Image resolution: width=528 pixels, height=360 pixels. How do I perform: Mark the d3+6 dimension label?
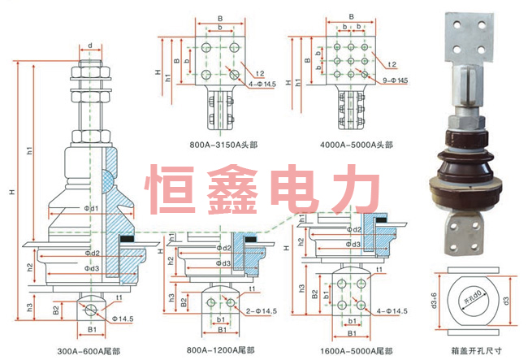pos(434,302)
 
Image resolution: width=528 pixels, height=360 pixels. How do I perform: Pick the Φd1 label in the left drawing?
pos(92,209)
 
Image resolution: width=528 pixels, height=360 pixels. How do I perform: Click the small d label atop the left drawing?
pos(89,46)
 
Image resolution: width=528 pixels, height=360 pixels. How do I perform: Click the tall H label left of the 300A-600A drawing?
pos(12,192)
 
